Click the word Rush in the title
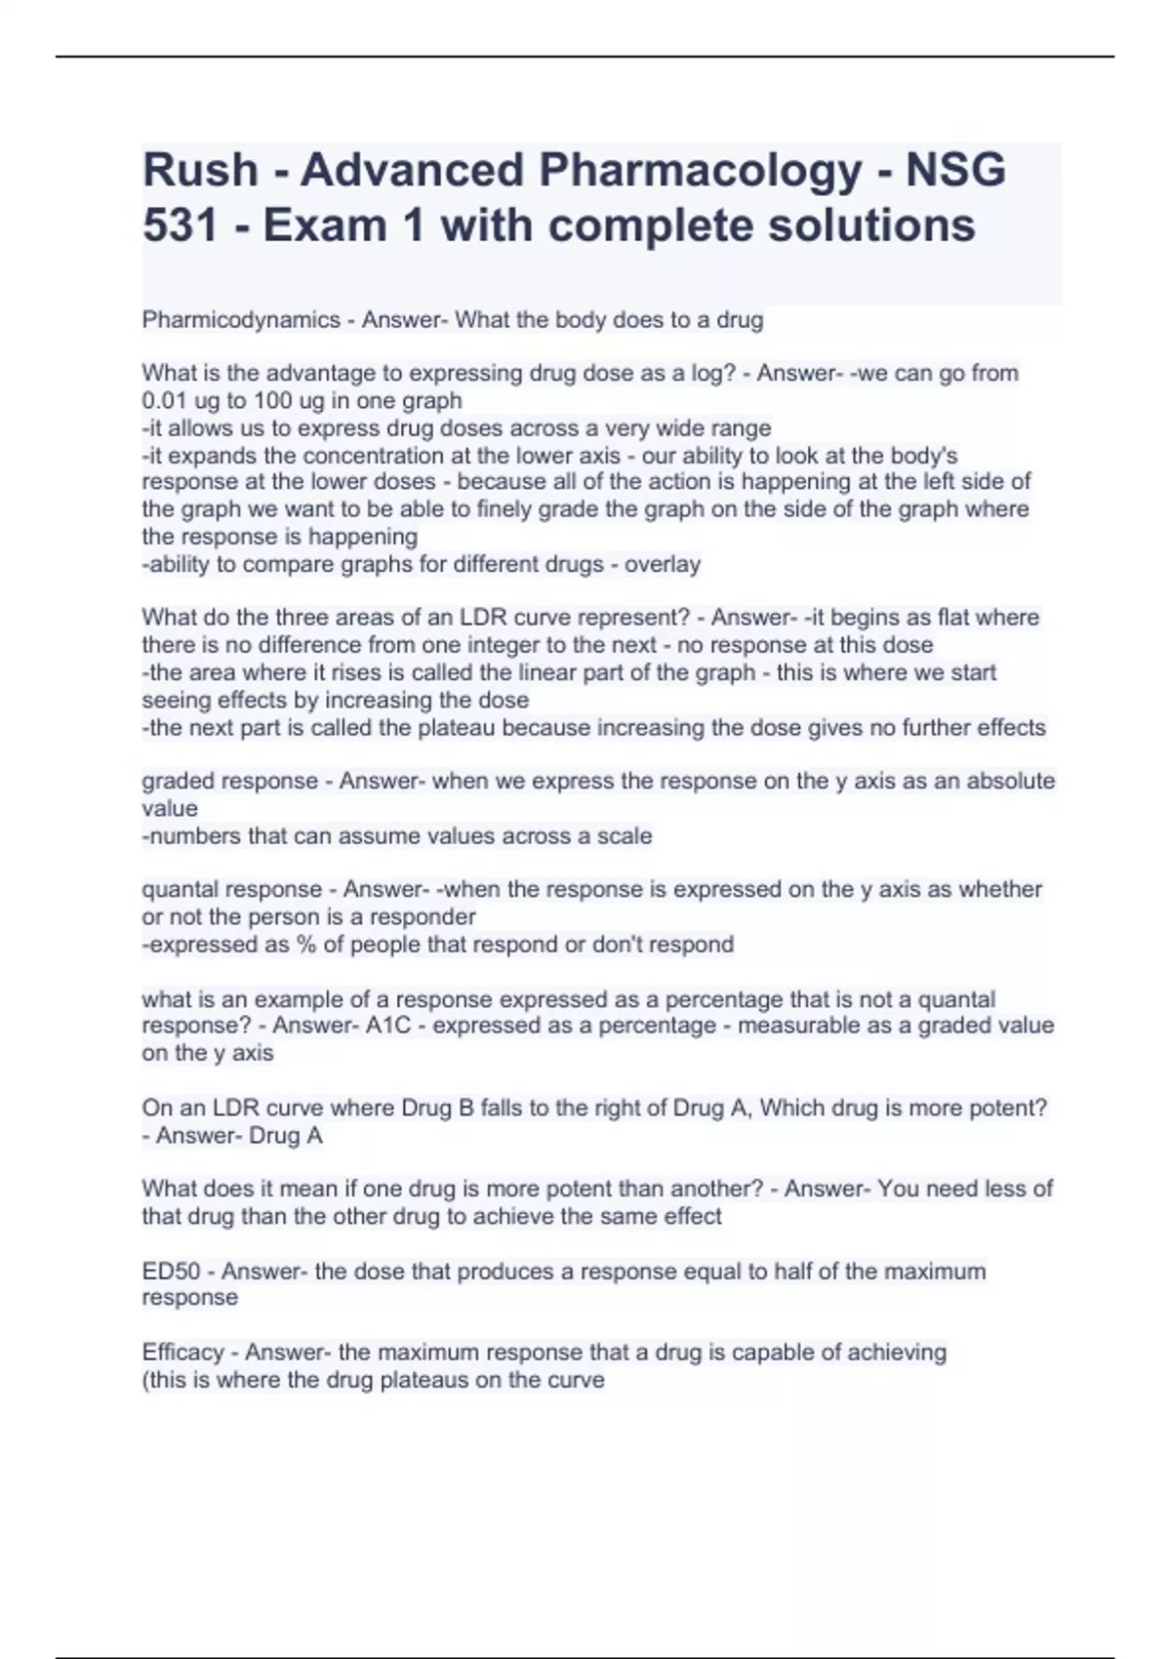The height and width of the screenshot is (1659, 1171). pyautogui.click(x=201, y=171)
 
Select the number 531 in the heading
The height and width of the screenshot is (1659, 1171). pyautogui.click(x=181, y=226)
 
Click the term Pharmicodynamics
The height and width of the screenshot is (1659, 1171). pyautogui.click(x=241, y=320)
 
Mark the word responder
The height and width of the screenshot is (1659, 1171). pyautogui.click(x=430, y=917)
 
